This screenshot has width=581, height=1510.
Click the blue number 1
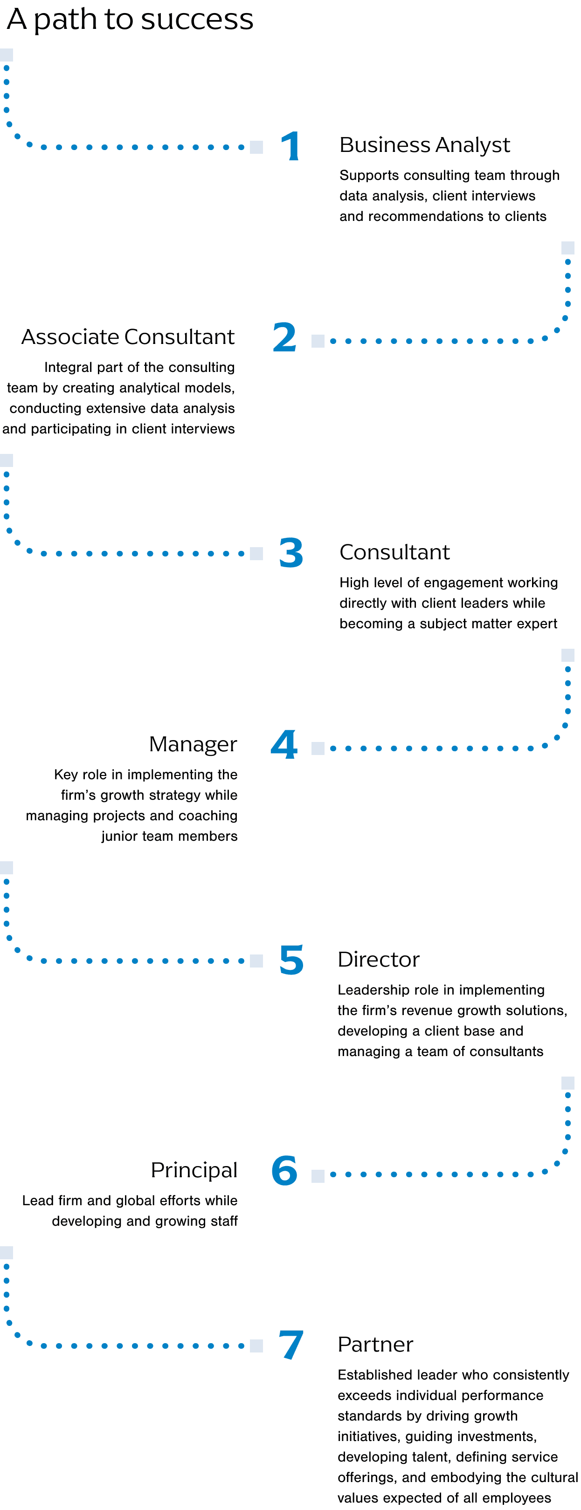point(291,146)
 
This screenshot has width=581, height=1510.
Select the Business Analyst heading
point(424,145)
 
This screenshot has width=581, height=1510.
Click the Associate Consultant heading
point(128,337)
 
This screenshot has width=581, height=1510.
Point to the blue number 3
point(291,553)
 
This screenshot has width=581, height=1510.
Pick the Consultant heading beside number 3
point(394,552)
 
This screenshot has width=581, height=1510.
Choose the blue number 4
point(284,745)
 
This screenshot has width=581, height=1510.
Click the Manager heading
point(193,744)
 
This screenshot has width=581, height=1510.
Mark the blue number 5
point(291,960)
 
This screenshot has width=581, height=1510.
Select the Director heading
point(378,960)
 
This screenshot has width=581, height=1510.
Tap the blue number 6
point(284,1171)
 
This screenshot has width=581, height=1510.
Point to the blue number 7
point(291,1345)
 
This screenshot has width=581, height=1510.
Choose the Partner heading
point(375,1344)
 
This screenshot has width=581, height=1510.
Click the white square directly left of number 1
point(256,147)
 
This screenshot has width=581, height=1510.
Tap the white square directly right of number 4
point(318,748)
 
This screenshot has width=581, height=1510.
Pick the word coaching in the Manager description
point(207,816)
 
